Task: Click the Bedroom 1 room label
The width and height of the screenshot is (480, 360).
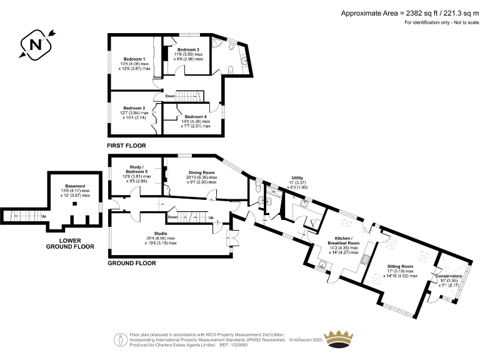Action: click(135, 59)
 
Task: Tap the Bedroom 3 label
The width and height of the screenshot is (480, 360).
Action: click(188, 49)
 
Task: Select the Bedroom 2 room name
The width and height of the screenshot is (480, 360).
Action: click(134, 107)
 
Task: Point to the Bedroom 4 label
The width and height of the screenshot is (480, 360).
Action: click(196, 117)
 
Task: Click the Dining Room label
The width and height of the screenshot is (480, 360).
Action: click(201, 172)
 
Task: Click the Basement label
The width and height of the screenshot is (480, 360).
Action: click(76, 186)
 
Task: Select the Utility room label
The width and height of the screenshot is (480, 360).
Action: click(297, 178)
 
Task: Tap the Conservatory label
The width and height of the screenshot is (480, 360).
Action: click(449, 276)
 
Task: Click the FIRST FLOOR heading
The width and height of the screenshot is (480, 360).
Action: click(126, 146)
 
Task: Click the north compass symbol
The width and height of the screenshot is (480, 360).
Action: click(34, 45)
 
